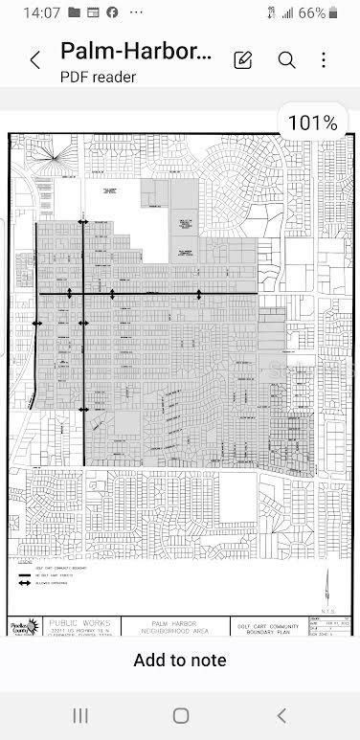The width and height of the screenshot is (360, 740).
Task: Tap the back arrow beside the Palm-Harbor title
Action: pyautogui.click(x=35, y=60)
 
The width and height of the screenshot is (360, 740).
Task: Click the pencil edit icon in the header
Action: pyautogui.click(x=243, y=60)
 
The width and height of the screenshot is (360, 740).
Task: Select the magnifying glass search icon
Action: pyautogui.click(x=286, y=60)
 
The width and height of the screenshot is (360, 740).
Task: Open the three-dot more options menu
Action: pyautogui.click(x=324, y=60)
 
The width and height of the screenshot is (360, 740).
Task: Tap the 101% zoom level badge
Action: pyautogui.click(x=312, y=123)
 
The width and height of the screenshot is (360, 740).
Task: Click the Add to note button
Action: pyautogui.click(x=180, y=660)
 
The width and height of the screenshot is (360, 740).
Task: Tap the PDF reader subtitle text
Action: pyautogui.click(x=99, y=77)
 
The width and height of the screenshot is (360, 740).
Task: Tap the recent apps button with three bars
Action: pyautogui.click(x=80, y=715)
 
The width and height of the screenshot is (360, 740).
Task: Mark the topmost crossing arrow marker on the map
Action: pyautogui.click(x=83, y=222)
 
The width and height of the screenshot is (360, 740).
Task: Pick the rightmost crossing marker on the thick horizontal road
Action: pyautogui.click(x=199, y=293)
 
